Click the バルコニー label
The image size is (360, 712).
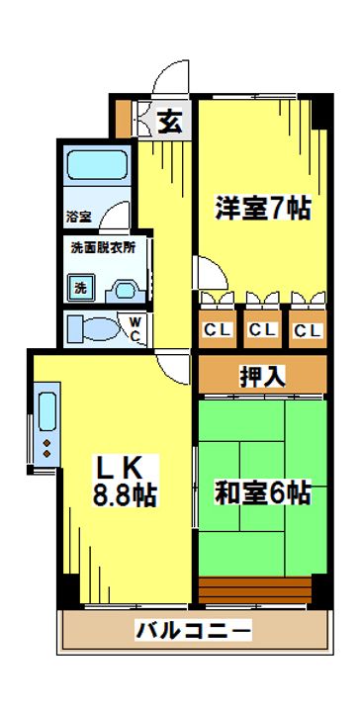193,629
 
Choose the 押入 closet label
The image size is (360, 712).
262,375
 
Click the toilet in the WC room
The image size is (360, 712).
92,328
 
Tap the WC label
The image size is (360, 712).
135,327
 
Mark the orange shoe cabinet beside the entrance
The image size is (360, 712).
122,120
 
